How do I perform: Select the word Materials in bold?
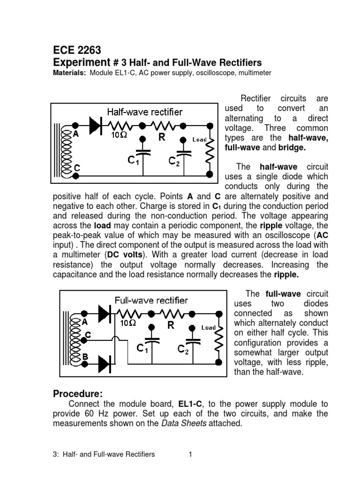[x=68, y=73]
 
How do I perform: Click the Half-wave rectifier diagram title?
[x=145, y=112]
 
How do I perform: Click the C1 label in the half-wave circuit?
[x=134, y=161]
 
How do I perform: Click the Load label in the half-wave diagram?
[x=200, y=139]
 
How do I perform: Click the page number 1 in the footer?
[x=190, y=454]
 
